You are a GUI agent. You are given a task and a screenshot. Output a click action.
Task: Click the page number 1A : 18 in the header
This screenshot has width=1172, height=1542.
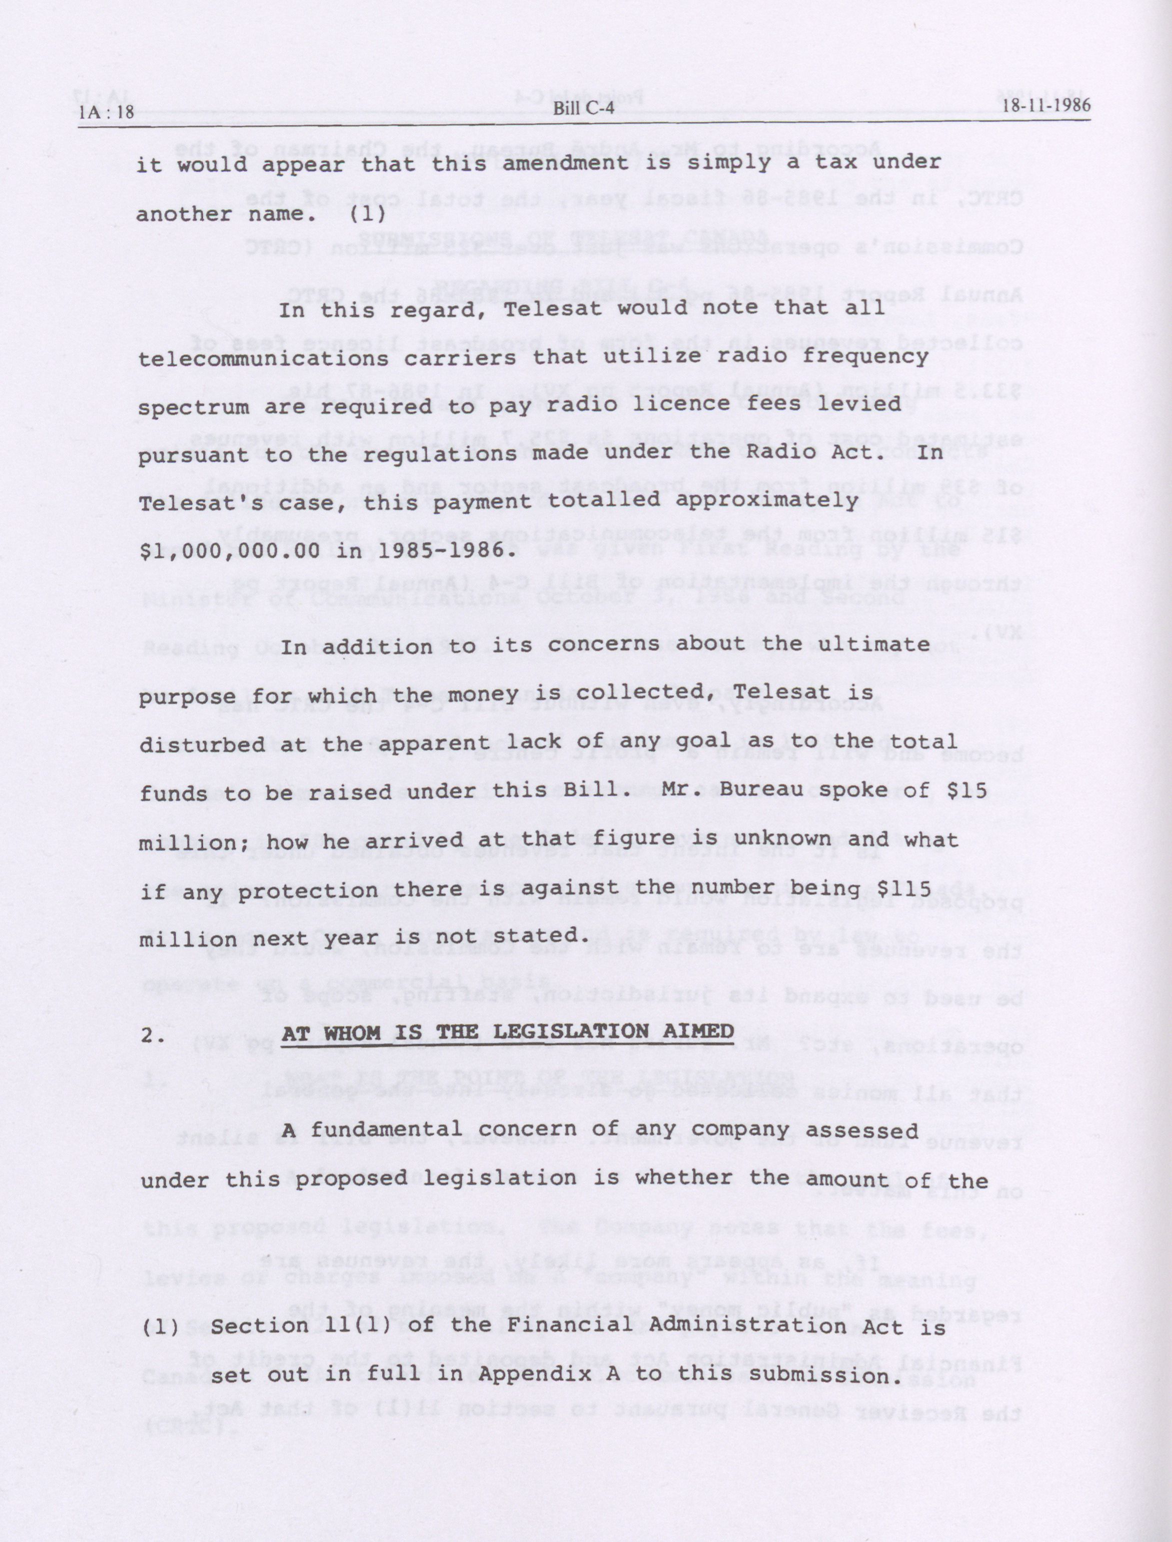(x=106, y=112)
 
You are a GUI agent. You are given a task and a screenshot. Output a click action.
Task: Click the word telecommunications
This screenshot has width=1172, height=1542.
(x=264, y=358)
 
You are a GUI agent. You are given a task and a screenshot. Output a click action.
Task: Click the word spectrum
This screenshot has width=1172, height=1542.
(x=193, y=407)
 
